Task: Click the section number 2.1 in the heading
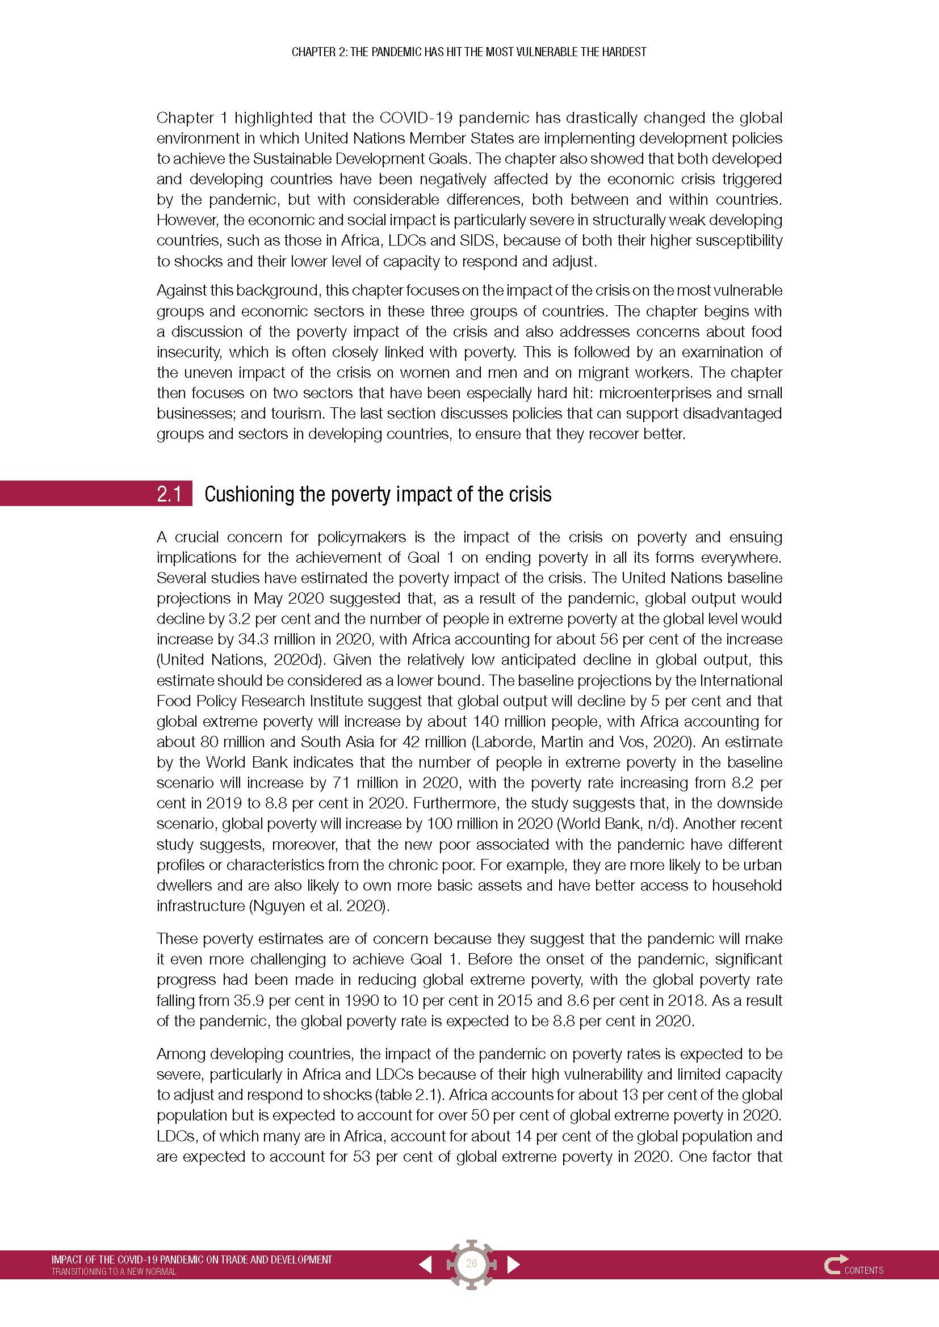click(x=169, y=494)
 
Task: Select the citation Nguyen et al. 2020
click(x=318, y=905)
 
